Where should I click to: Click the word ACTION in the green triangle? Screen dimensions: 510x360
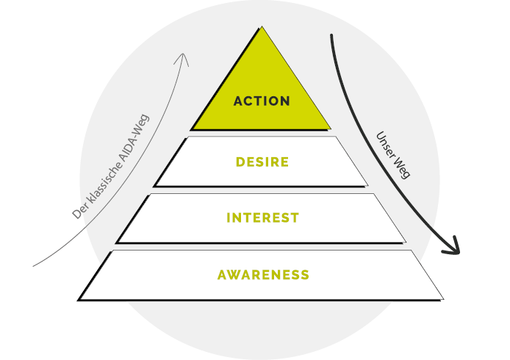click(262, 101)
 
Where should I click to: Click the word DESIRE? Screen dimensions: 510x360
click(262, 162)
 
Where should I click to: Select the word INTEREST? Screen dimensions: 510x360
click(262, 217)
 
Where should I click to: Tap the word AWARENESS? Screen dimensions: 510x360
click(263, 275)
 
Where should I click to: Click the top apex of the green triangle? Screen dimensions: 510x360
click(262, 26)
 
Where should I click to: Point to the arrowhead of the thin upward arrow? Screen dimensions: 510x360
click(183, 54)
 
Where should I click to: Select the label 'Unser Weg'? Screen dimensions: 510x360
click(393, 155)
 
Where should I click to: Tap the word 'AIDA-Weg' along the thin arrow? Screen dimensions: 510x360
click(134, 137)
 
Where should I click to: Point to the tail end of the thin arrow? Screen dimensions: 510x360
click(33, 267)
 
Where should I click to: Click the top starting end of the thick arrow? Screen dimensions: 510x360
click(331, 35)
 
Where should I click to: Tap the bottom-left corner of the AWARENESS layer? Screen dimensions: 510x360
click(78, 300)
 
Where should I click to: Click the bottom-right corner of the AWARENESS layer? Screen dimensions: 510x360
click(443, 299)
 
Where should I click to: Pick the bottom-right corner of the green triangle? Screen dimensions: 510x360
click(331, 129)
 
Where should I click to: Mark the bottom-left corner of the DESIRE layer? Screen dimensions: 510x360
click(154, 187)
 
